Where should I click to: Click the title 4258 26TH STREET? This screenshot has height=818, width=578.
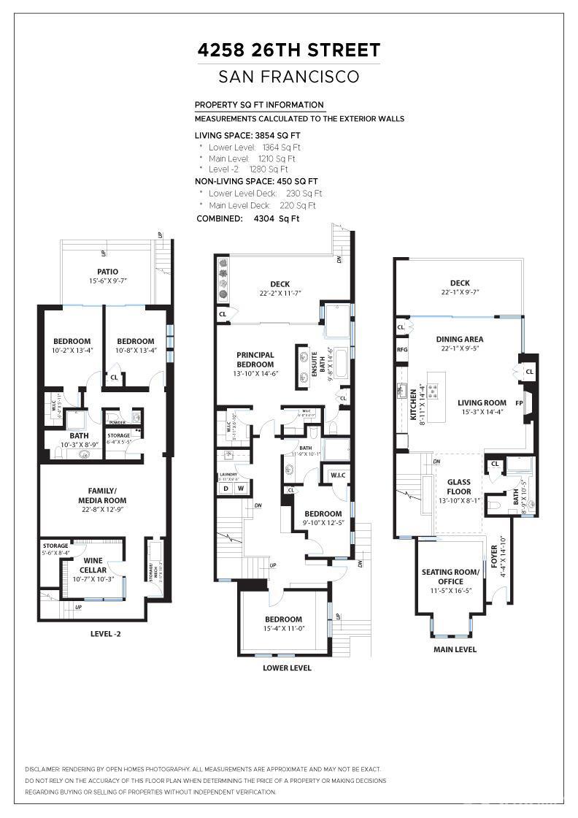(x=289, y=50)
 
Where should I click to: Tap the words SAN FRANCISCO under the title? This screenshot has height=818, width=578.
(x=289, y=77)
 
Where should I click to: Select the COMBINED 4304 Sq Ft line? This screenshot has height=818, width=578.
(x=247, y=218)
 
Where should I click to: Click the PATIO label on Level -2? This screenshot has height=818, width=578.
(x=107, y=272)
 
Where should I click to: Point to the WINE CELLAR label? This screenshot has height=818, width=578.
(x=93, y=565)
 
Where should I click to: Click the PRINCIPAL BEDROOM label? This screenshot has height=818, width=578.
(x=255, y=359)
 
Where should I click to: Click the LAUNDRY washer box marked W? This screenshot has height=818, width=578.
(x=240, y=488)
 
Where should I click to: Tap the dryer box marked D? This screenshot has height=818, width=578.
(x=226, y=488)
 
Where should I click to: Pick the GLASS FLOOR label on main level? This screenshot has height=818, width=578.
(x=459, y=486)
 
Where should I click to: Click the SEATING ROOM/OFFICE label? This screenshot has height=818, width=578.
(x=451, y=576)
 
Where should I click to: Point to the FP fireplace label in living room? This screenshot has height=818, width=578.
(x=520, y=402)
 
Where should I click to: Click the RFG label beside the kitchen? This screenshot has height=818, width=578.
(x=402, y=350)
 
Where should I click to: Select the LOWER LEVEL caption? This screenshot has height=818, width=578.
(x=287, y=668)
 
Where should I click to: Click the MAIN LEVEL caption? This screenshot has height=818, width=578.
(x=455, y=649)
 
